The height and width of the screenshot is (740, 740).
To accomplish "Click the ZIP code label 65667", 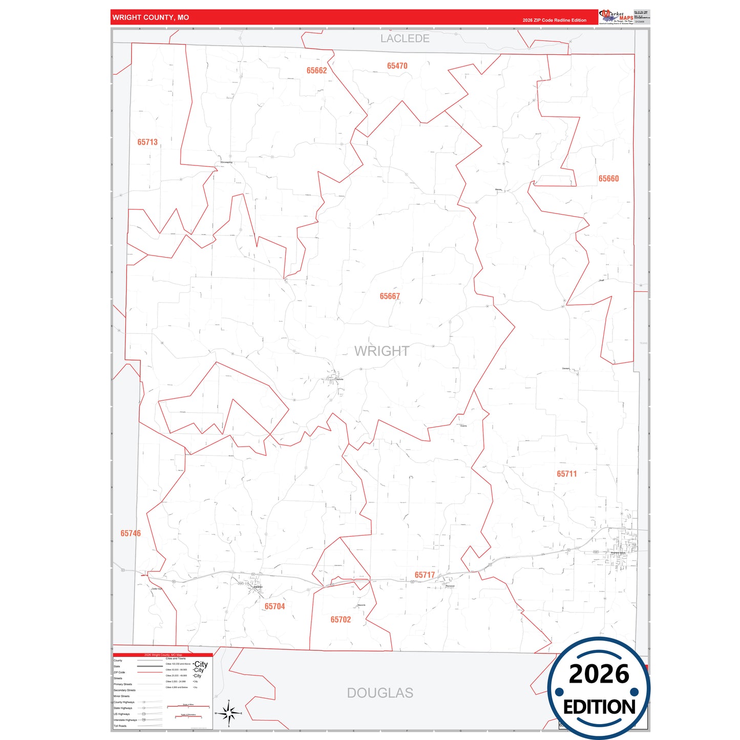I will coord(390,296).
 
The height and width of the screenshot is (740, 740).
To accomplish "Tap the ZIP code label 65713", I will coord(147,142).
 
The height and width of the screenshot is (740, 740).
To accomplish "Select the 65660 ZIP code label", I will coord(608,178).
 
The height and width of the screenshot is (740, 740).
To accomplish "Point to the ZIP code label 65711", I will coord(566,474).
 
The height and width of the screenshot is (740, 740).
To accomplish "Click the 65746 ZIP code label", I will coord(131,533).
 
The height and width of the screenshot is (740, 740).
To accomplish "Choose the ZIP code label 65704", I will coord(274,606).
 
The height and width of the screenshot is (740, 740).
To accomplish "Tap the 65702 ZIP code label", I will coord(341,620).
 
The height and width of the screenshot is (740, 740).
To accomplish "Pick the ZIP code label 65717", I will coord(425,575).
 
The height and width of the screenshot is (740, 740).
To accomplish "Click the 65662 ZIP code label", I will coord(316,71).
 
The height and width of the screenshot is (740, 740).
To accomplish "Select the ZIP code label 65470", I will coord(397,66).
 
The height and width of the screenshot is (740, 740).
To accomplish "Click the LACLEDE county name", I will coord(405,38).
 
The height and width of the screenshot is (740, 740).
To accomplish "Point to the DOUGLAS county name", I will coord(380,693).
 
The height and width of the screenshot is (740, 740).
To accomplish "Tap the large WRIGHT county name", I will coord(382,351).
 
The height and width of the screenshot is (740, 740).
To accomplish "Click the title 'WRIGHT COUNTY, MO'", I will coord(151,17).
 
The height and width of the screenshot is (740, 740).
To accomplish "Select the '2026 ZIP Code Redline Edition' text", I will coord(554,20).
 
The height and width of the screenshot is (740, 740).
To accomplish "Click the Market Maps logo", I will coord(616,17).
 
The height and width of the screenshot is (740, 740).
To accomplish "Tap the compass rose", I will coord(229,712).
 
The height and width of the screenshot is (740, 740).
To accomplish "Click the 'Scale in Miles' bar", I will coord(188,706).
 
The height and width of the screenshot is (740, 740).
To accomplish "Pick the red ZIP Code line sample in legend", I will coord(150,672).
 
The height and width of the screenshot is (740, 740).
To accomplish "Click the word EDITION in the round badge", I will coord(599,707).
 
